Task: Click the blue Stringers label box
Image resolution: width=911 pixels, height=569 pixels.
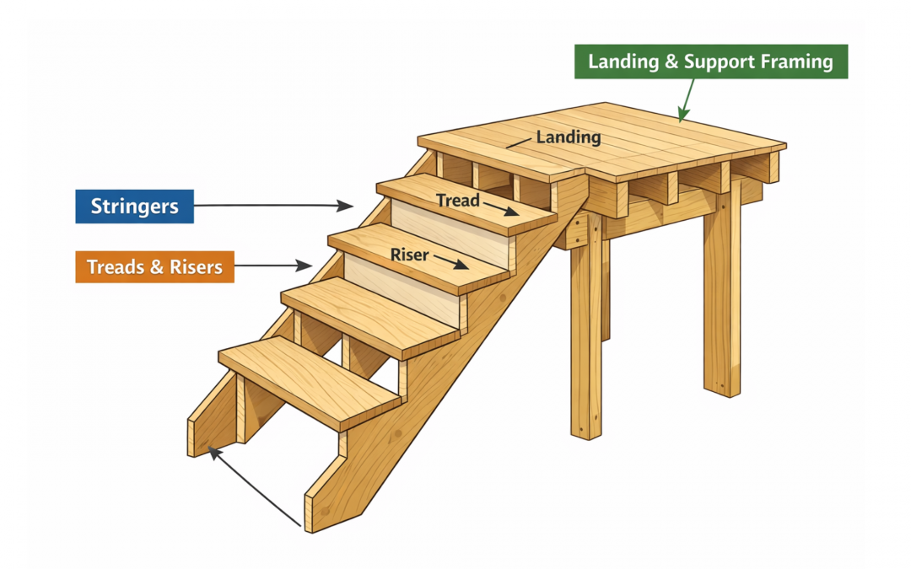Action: click(x=134, y=207)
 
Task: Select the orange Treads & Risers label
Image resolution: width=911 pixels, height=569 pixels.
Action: click(x=154, y=267)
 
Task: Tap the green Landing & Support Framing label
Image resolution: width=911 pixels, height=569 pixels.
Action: click(x=710, y=62)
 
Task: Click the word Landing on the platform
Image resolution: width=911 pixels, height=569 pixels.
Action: click(x=569, y=137)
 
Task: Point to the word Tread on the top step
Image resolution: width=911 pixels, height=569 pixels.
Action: click(x=457, y=201)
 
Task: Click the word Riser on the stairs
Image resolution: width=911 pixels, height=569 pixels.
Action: click(x=410, y=254)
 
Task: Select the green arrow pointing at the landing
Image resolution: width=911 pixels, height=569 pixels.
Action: click(x=687, y=99)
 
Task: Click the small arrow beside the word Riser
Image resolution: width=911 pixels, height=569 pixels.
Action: click(x=451, y=263)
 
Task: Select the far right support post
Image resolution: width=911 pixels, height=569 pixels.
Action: click(x=722, y=295)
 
